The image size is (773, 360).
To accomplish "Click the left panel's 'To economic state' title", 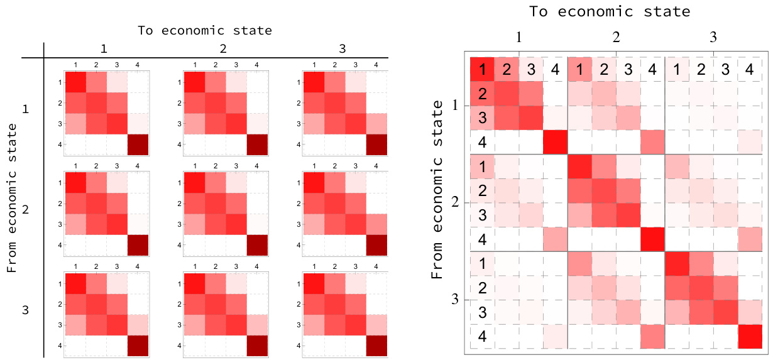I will [205, 30].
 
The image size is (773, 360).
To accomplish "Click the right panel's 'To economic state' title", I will [609, 11].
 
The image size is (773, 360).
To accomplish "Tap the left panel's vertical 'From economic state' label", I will [12, 199].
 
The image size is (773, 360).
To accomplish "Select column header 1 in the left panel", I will [104, 49].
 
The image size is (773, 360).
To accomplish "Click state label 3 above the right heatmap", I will [713, 37].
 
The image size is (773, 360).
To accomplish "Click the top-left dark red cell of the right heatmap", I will [482, 69].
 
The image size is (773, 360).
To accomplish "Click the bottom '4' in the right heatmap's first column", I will [482, 336].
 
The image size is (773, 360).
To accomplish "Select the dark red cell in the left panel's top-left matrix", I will [138, 145].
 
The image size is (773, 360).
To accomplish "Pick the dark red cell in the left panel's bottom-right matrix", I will [375, 346].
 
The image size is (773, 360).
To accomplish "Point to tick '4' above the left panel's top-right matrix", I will [375, 65].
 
